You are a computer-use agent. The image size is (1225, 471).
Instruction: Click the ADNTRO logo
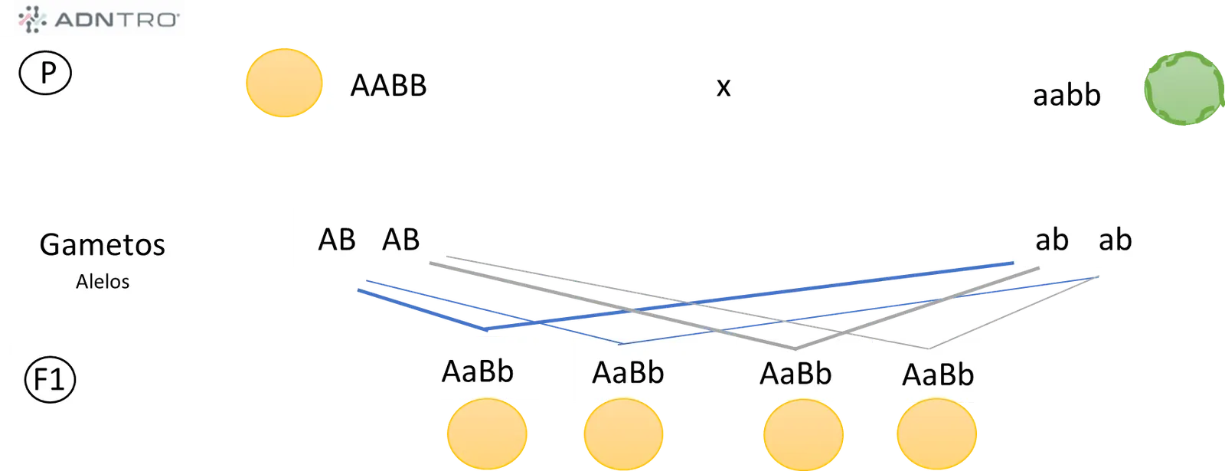99,20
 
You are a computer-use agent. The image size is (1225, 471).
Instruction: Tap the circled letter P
45,73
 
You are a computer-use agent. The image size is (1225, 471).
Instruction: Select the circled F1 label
50,380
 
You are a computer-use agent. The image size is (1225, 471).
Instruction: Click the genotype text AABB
388,86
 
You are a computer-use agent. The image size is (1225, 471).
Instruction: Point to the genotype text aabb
1067,95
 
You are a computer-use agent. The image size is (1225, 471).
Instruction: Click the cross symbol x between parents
724,87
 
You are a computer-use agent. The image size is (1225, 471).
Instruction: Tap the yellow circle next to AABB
284,83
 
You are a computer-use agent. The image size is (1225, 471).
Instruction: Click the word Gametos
103,244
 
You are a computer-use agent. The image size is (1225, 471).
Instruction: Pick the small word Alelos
103,282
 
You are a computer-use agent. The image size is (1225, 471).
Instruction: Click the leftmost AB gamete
337,240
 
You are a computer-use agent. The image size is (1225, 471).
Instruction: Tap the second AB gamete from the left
401,240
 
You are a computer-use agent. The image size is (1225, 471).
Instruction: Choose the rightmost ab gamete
1115,240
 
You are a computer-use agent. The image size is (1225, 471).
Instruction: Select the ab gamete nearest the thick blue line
1052,240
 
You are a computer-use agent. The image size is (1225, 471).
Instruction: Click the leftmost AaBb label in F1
478,372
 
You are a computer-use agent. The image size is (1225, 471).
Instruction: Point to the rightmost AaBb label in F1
938,375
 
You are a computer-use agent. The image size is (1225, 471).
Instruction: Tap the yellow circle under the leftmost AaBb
487,434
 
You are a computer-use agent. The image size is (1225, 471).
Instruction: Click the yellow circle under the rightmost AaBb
937,434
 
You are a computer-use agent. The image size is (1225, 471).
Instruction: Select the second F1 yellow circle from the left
623,434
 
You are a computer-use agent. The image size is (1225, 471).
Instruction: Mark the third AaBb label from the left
795,375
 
